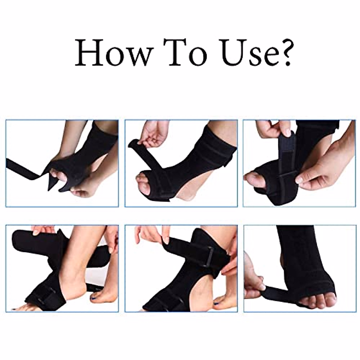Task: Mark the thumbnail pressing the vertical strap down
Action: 287,132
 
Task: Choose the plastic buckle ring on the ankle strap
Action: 208,257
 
